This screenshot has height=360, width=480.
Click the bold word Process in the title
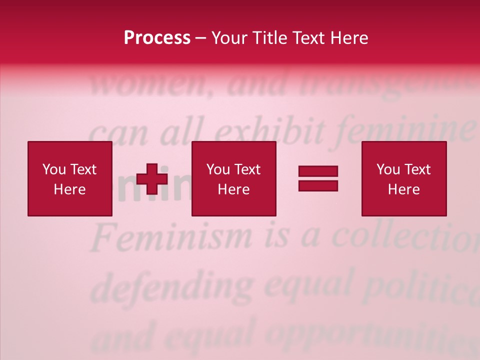click(157, 38)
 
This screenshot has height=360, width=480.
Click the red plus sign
click(152, 179)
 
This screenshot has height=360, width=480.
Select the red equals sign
click(318, 178)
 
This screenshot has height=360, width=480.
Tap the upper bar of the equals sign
click(318, 171)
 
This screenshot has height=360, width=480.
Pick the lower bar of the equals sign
click(318, 185)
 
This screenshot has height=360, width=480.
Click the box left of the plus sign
click(70, 179)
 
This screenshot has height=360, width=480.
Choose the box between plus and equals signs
click(234, 179)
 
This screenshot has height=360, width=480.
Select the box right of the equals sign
click(404, 179)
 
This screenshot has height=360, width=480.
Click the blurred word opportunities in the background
click(365, 335)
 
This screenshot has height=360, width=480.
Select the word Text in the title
click(309, 38)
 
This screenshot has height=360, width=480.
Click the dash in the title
click(201, 38)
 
